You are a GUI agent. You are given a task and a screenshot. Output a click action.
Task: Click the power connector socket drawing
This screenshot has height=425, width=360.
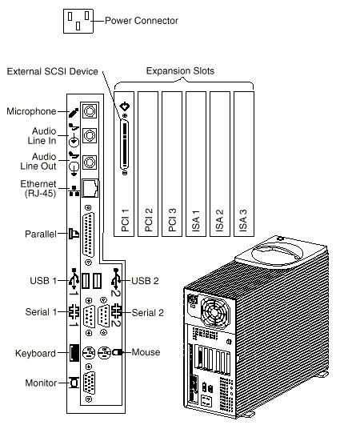[78, 21]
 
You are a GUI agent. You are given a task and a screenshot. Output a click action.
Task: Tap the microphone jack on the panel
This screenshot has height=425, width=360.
[90, 110]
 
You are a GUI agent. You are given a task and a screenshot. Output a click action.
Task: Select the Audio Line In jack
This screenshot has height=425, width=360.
[90, 135]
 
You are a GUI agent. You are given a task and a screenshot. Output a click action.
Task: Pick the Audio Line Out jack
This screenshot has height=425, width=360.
[90, 162]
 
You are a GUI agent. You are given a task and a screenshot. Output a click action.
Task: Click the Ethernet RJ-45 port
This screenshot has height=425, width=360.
[90, 188]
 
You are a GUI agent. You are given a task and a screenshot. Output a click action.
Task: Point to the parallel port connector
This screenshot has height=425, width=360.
[88, 235]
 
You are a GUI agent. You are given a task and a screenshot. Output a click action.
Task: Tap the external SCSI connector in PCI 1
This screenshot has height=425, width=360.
[125, 145]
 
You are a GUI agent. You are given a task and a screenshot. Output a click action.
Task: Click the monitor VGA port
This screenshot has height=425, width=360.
[89, 383]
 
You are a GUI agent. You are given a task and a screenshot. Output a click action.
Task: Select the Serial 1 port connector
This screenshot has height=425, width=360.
[89, 316]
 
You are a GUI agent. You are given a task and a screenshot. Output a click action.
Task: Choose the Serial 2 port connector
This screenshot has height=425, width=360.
[103, 315]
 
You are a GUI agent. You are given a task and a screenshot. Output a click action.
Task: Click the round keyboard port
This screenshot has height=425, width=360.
[89, 353]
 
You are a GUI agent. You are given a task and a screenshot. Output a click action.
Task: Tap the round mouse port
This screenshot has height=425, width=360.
[104, 353]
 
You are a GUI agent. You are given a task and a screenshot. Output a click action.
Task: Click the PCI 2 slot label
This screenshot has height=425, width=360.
[149, 220]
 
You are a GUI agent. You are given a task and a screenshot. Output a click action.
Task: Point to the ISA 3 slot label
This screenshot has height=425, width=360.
[243, 220]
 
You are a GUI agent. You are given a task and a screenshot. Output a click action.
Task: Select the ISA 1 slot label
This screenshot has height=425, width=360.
[195, 220]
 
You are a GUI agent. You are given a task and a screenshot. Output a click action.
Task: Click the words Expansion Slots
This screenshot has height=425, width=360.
[180, 71]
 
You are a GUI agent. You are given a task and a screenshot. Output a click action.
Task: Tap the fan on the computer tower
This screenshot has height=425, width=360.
[214, 312]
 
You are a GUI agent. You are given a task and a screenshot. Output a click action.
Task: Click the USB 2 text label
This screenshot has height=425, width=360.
[145, 281]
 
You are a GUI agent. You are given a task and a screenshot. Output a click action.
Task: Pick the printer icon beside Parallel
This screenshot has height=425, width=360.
[74, 234]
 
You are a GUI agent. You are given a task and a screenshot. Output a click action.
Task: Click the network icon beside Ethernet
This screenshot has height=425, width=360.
[74, 190]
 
